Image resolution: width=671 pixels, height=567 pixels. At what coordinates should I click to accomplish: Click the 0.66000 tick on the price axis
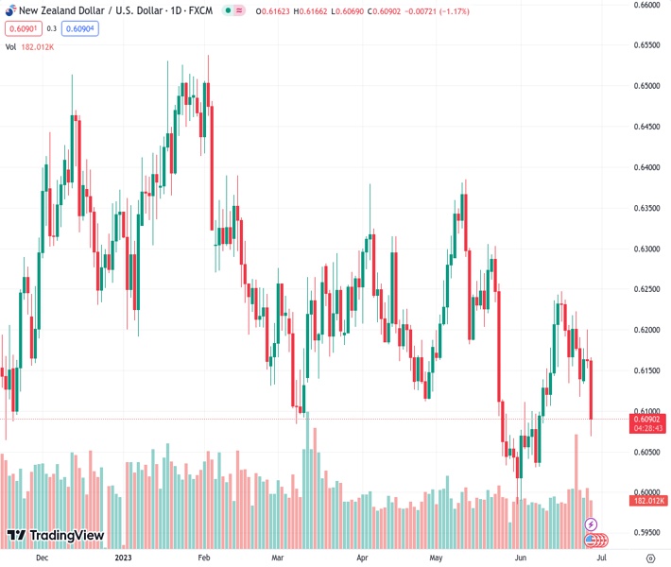point(646,5)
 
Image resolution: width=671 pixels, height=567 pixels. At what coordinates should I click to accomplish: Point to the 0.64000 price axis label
point(646,167)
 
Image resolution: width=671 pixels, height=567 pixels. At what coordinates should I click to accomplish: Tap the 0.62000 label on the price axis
point(646,330)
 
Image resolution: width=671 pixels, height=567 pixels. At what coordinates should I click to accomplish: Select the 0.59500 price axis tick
point(646,533)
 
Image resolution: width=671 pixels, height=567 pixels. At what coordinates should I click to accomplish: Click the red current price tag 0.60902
point(647,419)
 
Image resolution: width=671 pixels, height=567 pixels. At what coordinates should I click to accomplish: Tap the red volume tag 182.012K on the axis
point(649,501)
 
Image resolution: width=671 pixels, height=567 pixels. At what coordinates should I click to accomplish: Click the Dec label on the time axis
point(41,558)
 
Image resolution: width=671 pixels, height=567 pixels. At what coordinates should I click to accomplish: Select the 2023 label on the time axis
point(124,558)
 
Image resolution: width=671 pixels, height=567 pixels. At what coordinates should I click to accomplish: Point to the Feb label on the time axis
point(203,558)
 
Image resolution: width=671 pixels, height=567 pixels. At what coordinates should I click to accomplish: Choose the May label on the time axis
point(436,558)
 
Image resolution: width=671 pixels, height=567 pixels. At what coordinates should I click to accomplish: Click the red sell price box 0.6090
point(22,28)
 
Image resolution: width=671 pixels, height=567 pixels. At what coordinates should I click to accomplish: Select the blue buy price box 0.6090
point(83,28)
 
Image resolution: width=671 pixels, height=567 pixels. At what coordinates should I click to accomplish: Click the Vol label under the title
point(11,46)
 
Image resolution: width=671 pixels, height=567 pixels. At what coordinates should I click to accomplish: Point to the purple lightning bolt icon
point(591,524)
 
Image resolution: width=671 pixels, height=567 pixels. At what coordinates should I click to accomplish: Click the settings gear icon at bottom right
point(649,558)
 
